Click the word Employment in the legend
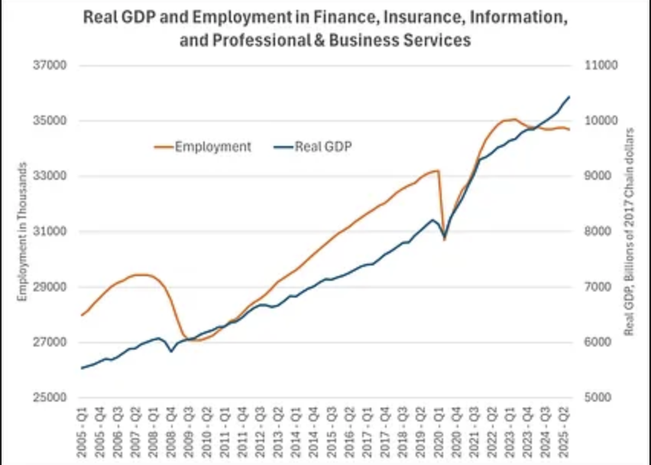(213, 147)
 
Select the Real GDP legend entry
(323, 147)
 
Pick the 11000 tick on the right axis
(600, 66)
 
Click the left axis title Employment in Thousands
(23, 231)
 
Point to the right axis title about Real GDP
(630, 231)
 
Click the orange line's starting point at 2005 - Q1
(82, 315)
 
